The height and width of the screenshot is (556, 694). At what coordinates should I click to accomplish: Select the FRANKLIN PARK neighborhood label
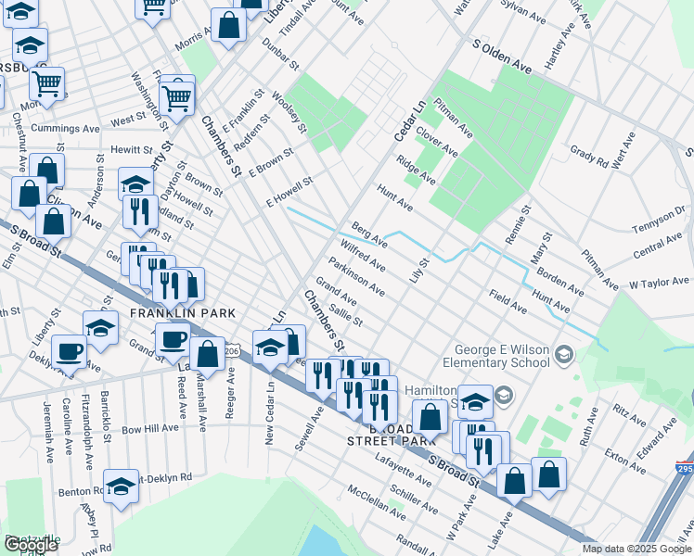point(182,314)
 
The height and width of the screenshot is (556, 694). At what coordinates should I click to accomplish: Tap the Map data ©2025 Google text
point(636,549)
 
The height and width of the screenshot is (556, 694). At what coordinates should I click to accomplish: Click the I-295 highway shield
point(685,458)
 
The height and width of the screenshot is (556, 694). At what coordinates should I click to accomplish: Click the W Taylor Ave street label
point(660,282)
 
